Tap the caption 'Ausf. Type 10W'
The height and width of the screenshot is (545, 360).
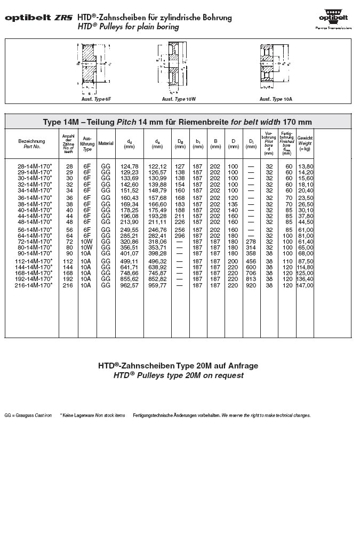[179, 99]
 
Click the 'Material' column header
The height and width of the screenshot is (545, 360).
[106, 143]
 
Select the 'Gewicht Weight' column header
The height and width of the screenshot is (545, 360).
[305, 143]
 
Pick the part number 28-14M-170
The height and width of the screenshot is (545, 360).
[35, 166]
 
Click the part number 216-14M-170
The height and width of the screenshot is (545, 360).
[35, 285]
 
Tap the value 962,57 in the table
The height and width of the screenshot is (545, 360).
[130, 285]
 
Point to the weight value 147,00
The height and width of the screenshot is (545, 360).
[306, 285]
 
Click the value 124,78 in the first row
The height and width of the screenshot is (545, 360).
[130, 166]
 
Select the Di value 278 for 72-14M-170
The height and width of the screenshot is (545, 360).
[251, 242]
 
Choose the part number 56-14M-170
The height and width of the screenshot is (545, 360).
[35, 229]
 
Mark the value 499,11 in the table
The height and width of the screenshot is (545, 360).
[130, 261]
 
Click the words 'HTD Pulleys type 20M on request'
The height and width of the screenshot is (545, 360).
[178, 375]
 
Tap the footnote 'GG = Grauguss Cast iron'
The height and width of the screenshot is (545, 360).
[28, 415]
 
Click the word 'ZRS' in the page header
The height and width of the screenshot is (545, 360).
[64, 18]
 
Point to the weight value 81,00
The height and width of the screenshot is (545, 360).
[306, 236]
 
